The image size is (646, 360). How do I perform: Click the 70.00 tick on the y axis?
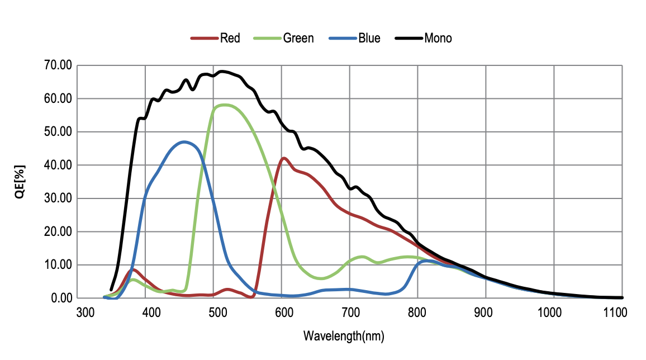tap(58, 65)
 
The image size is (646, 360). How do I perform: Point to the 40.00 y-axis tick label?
tap(58, 165)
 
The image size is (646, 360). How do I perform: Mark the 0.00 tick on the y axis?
tap(61, 298)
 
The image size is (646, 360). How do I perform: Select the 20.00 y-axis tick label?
tap(58, 231)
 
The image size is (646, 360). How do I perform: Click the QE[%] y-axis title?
tap(20, 182)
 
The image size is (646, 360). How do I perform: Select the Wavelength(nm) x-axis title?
tap(344, 337)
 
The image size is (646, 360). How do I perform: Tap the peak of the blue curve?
tap(184, 142)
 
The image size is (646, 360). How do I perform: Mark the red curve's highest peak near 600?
tap(284, 158)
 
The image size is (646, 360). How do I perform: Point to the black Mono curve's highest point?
tap(223, 72)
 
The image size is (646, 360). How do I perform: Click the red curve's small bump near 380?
tap(133, 269)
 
